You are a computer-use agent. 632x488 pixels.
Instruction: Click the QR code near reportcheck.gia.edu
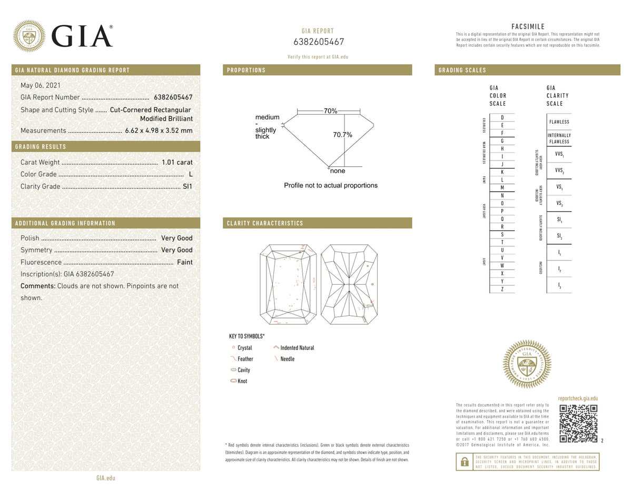pos(578,423)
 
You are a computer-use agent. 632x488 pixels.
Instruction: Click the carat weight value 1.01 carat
pos(178,162)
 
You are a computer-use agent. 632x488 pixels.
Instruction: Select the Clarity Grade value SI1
pos(187,186)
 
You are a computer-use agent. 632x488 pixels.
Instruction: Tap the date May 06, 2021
pos(40,85)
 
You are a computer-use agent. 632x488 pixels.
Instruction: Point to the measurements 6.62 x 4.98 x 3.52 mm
pos(159,131)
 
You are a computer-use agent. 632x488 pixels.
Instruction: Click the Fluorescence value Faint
pos(184,262)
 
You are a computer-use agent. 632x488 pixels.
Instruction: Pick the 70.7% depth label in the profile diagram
pos(342,135)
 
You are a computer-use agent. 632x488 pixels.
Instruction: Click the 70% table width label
pos(330,111)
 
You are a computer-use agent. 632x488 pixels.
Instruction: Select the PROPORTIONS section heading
pos(246,70)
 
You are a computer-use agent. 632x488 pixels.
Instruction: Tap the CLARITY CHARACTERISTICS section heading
pos(265,223)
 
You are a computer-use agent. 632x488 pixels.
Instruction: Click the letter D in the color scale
pos(502,117)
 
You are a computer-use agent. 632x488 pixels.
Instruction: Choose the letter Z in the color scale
pos(502,289)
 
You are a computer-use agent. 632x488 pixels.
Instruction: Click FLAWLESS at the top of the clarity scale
pos(559,122)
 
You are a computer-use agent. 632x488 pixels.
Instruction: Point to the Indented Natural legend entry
pos(297,348)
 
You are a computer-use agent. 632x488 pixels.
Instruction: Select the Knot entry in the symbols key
pos(242,381)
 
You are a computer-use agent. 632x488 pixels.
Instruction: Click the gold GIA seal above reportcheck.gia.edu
pos(527,364)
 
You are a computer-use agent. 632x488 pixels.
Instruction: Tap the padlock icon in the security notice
pos(465,462)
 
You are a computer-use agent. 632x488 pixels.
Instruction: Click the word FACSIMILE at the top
pos(528,27)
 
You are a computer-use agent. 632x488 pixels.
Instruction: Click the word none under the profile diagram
pos(337,171)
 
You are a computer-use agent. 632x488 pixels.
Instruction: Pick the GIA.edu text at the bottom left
pos(105,478)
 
